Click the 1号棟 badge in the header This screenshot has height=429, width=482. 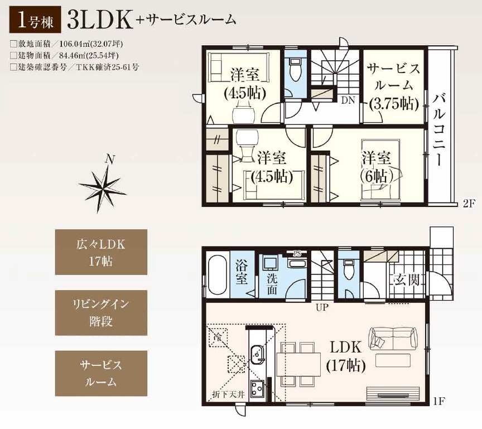coord(35,21)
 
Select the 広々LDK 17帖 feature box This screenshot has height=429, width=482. coord(101,252)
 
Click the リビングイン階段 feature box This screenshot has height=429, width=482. coord(101,313)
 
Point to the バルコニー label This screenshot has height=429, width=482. coord(438,130)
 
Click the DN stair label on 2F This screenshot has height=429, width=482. coord(348,100)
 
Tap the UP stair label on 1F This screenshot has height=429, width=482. coord(322,307)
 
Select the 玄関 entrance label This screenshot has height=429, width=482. coord(407,279)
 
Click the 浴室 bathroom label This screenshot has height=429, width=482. coord(242,272)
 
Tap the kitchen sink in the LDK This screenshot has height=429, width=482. coord(257,354)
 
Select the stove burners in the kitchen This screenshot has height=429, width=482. coord(257,388)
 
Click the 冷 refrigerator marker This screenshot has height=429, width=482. coord(218,337)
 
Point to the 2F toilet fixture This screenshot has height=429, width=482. coord(296,69)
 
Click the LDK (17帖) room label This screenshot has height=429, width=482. coord(346,356)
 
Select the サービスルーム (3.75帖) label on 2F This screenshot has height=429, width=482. coord(394,86)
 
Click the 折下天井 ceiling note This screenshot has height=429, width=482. coord(228,394)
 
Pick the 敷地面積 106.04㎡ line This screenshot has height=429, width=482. coord(67,44)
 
